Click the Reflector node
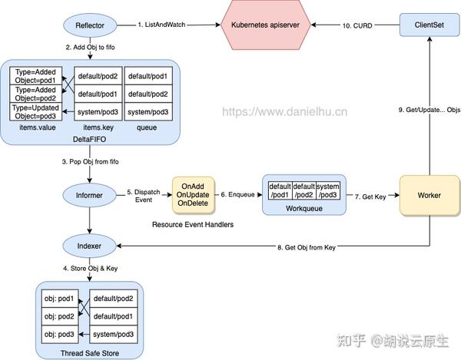pos(90,26)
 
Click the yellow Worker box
pos(429,195)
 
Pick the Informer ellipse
pos(90,196)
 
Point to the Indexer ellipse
pos(90,247)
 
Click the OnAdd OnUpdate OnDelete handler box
pos(193,196)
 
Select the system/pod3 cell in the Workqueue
pos(328,190)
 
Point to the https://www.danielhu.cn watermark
pos(285,111)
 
